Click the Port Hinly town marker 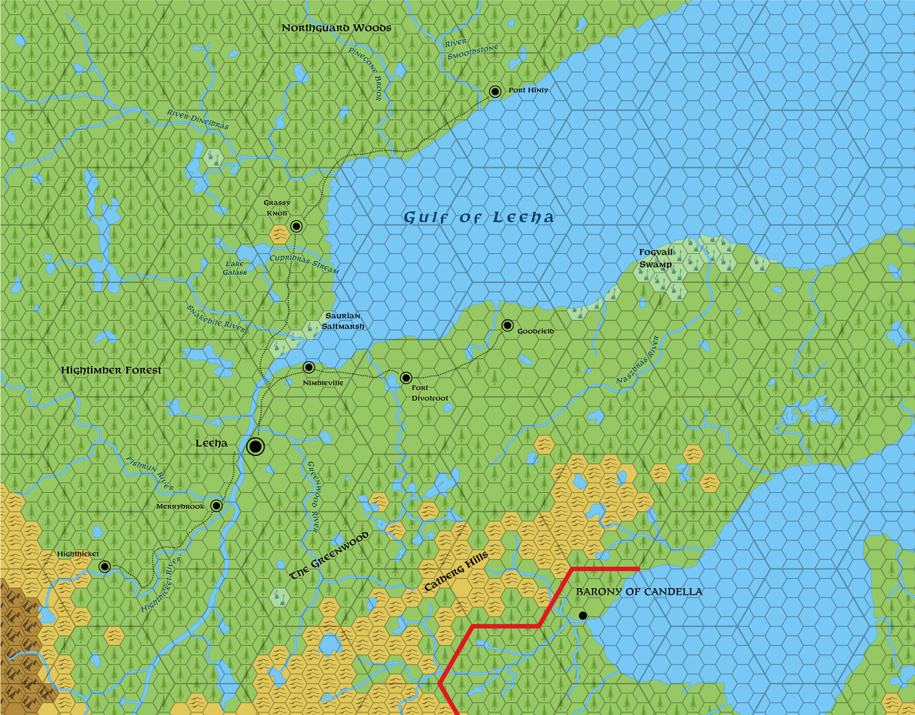pos(495,92)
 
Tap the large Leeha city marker pos(255,446)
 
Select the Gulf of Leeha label pos(479,217)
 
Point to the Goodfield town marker pos(507,325)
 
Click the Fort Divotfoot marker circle pos(406,378)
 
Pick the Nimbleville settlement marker pos(309,367)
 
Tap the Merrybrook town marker pos(216,506)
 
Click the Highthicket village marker pos(104,567)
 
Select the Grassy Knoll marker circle pos(296,226)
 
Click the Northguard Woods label pos(336,28)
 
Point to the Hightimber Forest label pos(111,370)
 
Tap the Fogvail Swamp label pos(656,258)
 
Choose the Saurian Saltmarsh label pos(343,321)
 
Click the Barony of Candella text pos(639,592)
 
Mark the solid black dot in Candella pos(582,616)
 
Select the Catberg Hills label pos(456,571)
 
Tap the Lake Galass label pos(235,268)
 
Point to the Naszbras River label pos(637,360)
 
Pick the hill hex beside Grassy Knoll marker pos(279,234)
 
